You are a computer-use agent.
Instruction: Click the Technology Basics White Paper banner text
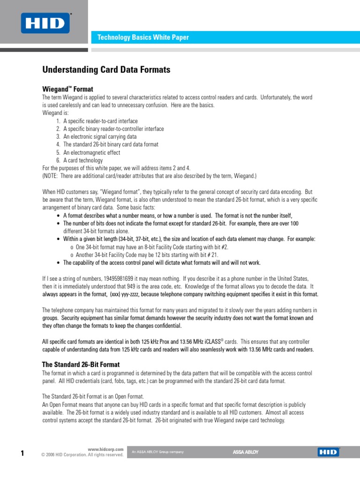(143, 37)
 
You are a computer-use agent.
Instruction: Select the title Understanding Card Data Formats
(106, 70)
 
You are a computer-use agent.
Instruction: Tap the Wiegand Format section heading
(67, 89)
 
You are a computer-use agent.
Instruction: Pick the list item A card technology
(83, 160)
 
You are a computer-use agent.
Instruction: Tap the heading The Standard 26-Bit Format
(81, 364)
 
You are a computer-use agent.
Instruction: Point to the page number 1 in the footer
(22, 452)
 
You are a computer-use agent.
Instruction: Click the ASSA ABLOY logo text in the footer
(246, 452)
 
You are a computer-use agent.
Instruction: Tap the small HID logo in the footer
(328, 452)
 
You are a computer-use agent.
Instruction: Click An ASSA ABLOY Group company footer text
(158, 452)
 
